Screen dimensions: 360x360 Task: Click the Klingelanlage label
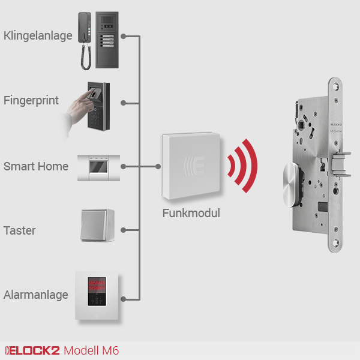tap(38, 36)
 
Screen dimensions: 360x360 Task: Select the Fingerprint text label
tap(31, 100)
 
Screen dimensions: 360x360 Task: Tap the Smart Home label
tap(36, 166)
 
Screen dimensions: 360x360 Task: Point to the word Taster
tap(20, 230)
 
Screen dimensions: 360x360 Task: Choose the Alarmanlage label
tap(36, 295)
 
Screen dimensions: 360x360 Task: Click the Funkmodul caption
tap(191, 213)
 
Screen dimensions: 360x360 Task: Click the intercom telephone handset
tap(85, 38)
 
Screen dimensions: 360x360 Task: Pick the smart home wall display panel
tap(98, 167)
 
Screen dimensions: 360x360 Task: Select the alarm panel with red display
tap(97, 296)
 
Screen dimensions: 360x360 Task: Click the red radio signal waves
tap(244, 166)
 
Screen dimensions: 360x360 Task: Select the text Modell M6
tap(91, 350)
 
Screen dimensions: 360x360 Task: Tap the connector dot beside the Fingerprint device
tap(123, 103)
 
